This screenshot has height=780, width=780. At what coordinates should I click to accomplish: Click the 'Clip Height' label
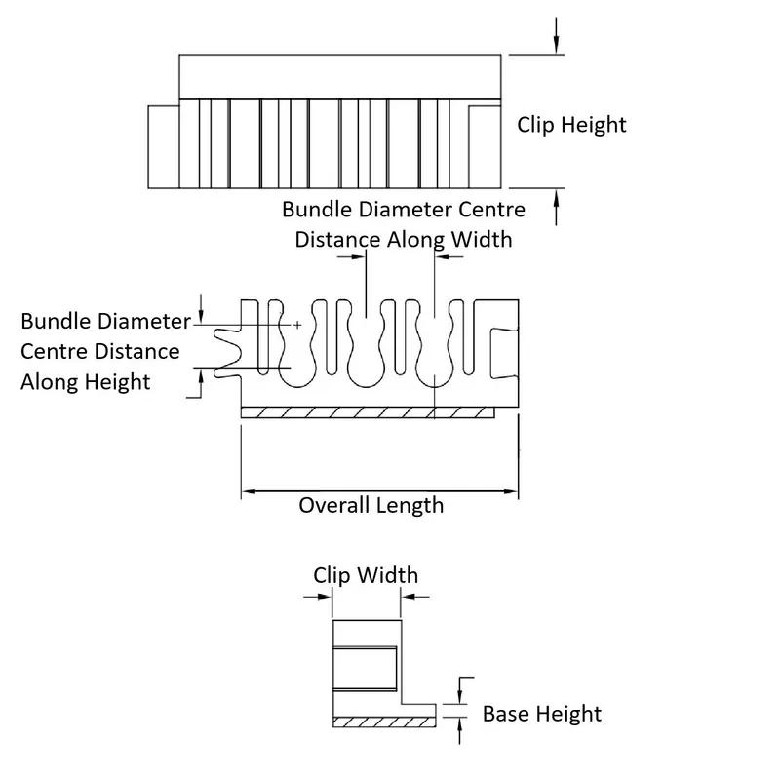(570, 125)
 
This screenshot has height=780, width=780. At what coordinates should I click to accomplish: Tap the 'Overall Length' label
(370, 505)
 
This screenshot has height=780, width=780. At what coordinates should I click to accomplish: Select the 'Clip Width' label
(365, 574)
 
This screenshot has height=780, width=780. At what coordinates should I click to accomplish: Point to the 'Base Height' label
(541, 714)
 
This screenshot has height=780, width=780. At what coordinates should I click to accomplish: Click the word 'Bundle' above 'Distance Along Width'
(315, 210)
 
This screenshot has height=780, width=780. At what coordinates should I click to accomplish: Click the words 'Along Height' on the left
(86, 381)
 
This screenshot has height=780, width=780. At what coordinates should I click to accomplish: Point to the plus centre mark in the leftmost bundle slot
(296, 324)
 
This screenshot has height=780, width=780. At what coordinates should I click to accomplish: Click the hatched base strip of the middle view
(367, 412)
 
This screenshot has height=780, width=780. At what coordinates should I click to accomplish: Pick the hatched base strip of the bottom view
(383, 721)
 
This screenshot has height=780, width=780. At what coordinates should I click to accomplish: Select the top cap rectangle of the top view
(339, 76)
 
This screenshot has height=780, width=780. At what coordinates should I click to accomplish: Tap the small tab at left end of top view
(163, 146)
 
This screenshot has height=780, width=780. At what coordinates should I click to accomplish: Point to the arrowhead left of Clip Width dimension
(325, 598)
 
